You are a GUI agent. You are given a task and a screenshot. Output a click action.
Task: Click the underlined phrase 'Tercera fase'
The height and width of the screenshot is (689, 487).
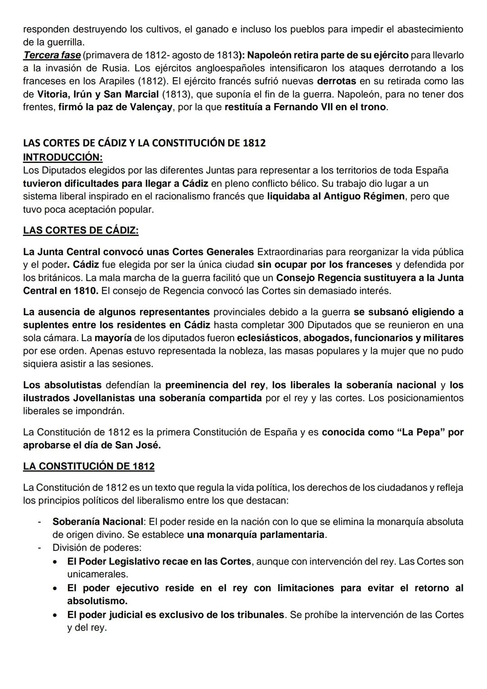51,55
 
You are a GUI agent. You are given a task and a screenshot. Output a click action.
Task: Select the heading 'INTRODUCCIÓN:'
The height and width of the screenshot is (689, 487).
63,157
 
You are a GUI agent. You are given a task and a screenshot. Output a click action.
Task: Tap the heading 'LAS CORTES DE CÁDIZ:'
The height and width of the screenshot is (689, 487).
81,231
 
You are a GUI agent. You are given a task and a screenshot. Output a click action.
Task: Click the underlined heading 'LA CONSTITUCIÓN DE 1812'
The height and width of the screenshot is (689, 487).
88,466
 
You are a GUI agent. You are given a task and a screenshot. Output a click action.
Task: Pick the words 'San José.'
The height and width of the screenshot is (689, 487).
138,445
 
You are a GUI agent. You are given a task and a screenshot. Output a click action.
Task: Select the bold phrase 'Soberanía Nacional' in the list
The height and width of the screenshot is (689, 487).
97,522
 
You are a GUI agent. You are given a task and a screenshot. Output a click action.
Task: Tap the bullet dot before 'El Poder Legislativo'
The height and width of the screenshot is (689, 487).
55,562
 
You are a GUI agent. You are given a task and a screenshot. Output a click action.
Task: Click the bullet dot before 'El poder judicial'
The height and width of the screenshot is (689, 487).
55,615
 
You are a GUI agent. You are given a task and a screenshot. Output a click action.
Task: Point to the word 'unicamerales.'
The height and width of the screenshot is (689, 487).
97,574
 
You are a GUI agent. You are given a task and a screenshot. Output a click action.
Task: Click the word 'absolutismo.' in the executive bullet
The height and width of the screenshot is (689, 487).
97,601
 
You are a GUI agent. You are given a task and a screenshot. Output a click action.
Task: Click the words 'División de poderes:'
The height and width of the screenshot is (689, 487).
97,548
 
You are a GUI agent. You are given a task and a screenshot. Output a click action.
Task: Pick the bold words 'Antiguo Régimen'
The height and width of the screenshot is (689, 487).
364,196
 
